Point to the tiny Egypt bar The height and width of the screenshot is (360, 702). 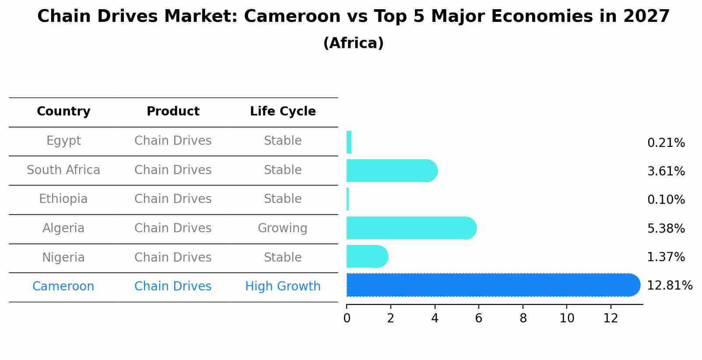pyautogui.click(x=349, y=142)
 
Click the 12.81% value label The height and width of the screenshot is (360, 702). pyautogui.click(x=669, y=286)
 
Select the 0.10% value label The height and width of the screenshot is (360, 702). pyautogui.click(x=666, y=200)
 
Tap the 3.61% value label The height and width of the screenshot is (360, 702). pyautogui.click(x=666, y=171)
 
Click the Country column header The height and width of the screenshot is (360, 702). pyautogui.click(x=63, y=112)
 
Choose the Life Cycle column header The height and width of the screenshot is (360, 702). pyautogui.click(x=283, y=112)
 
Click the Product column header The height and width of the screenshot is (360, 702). pyautogui.click(x=173, y=112)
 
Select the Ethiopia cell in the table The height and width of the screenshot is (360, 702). pyautogui.click(x=63, y=199)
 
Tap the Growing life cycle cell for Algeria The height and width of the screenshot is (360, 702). pyautogui.click(x=283, y=228)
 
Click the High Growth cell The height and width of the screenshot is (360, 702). pyautogui.click(x=283, y=287)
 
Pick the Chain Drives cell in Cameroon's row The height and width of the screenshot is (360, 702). pyautogui.click(x=173, y=287)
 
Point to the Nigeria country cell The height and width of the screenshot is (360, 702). pyautogui.click(x=63, y=257)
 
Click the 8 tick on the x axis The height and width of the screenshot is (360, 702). pyautogui.click(x=523, y=318)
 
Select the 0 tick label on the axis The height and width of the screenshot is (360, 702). pyautogui.click(x=347, y=318)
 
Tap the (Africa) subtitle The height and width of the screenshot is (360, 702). pyautogui.click(x=353, y=43)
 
